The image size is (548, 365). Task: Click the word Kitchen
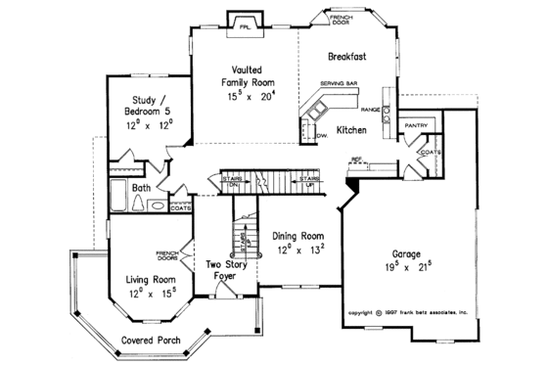[353, 129]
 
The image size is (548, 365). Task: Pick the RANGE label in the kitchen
[373, 110]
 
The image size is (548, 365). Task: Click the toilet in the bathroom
[156, 205]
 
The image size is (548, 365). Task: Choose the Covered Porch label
[149, 341]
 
